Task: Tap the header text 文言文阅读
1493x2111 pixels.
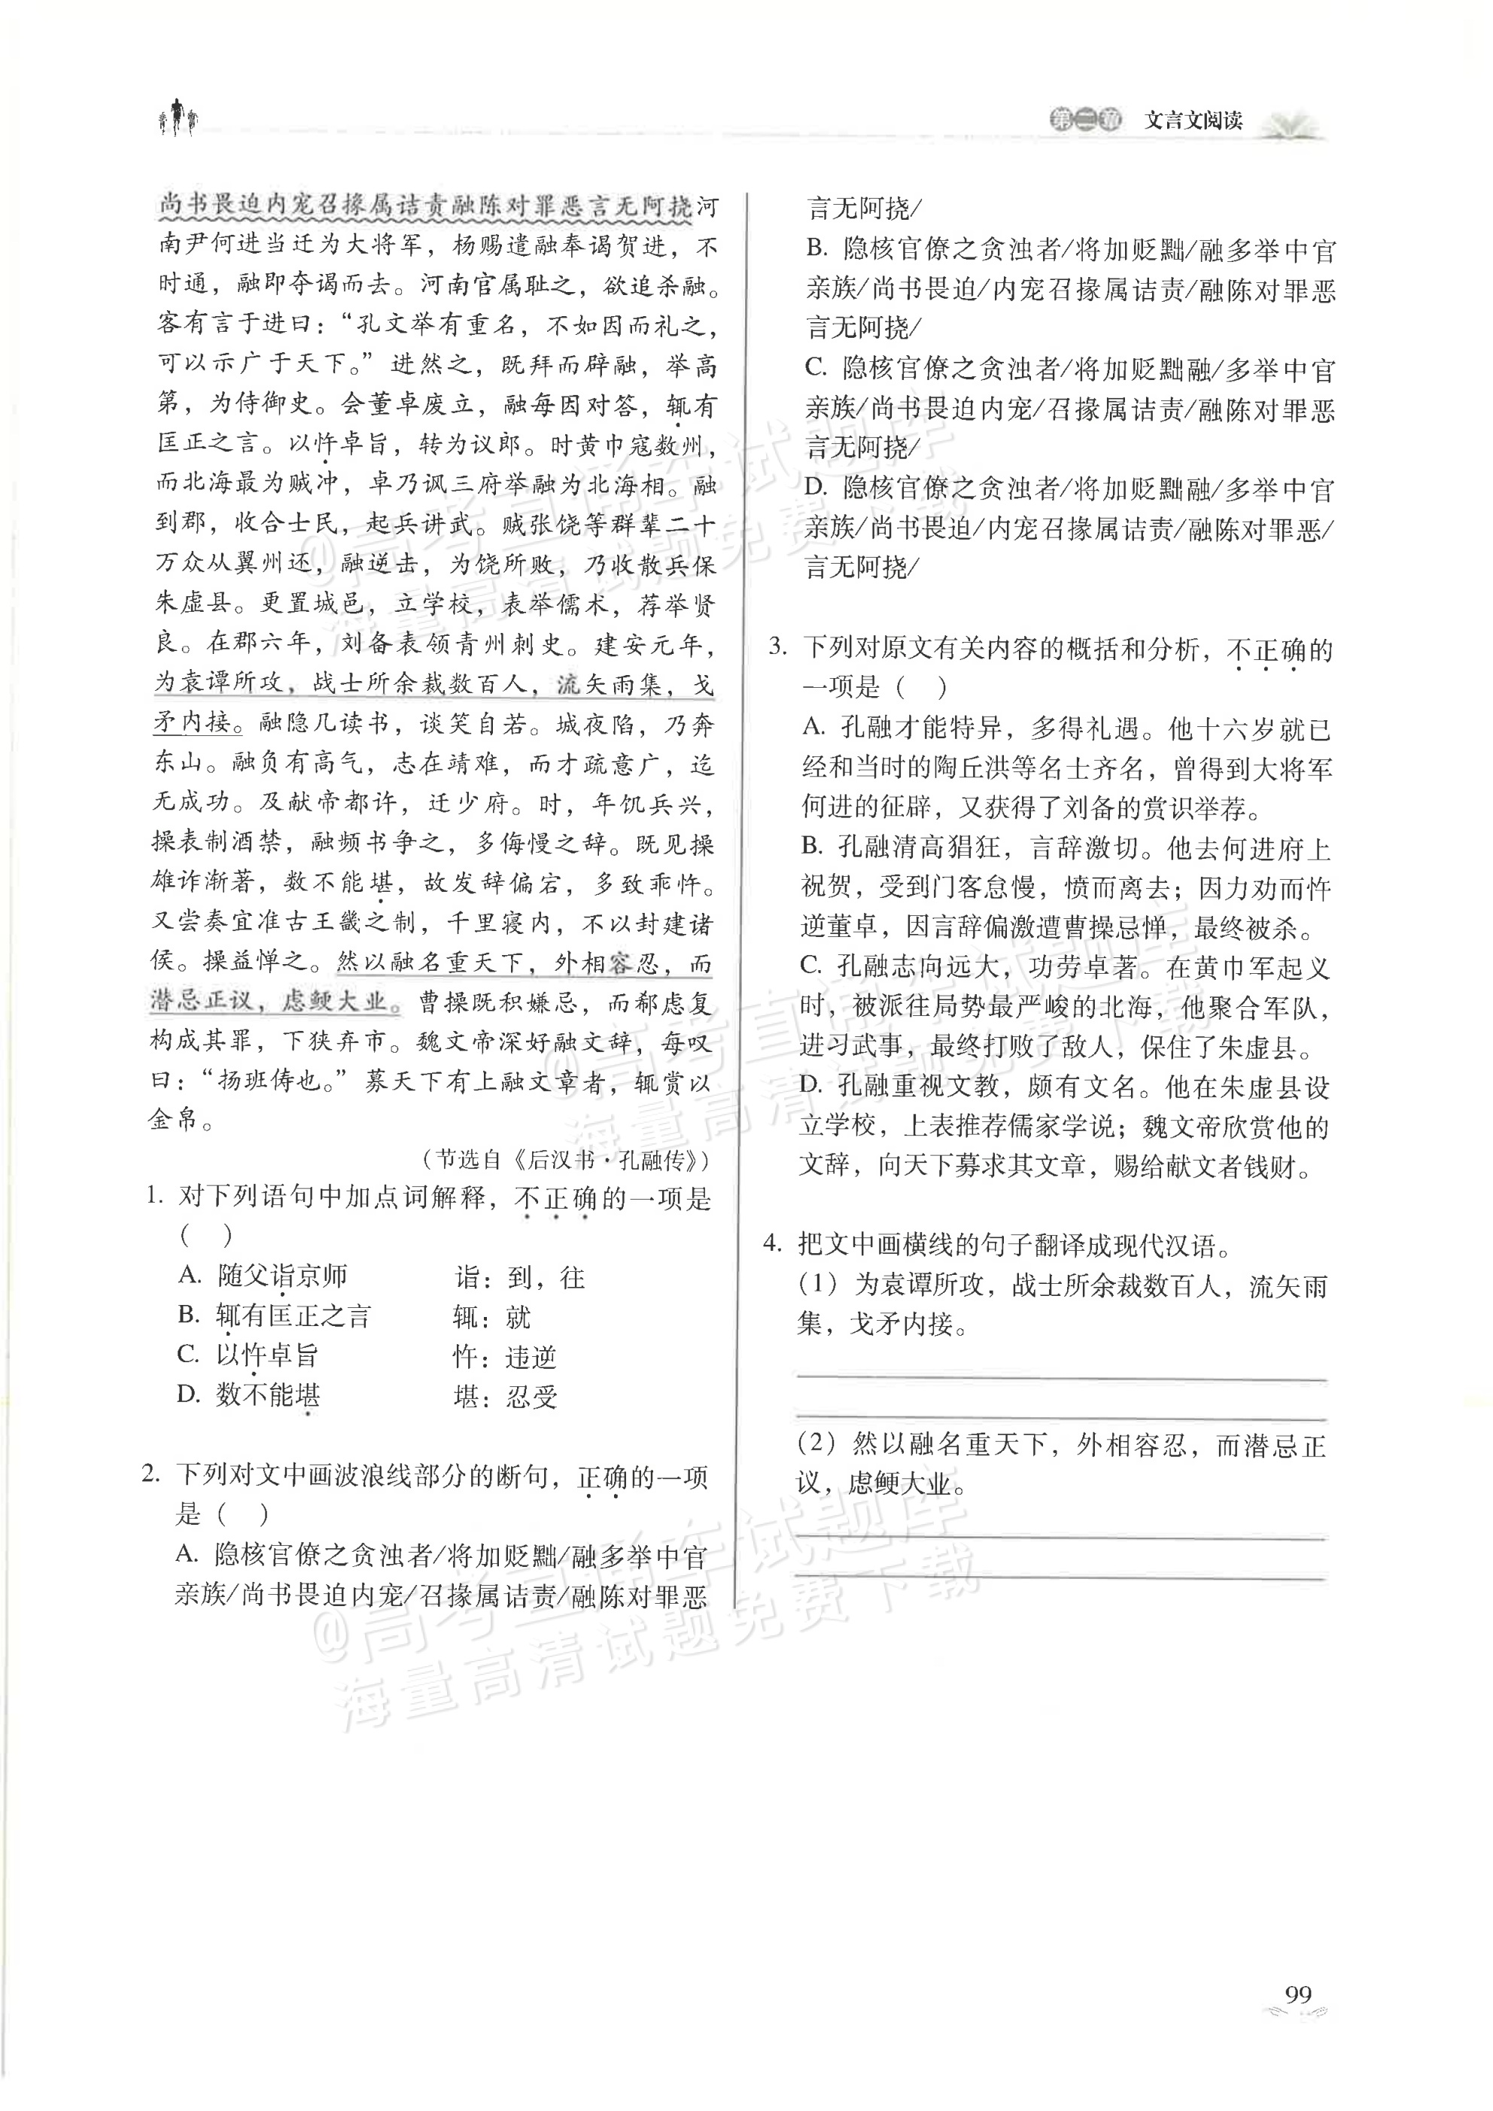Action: (x=1193, y=120)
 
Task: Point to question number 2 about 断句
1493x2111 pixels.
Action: (x=153, y=1475)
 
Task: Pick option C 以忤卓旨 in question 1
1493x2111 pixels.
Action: (x=266, y=1355)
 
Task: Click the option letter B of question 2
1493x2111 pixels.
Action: (x=816, y=249)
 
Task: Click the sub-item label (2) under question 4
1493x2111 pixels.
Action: (x=816, y=1444)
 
